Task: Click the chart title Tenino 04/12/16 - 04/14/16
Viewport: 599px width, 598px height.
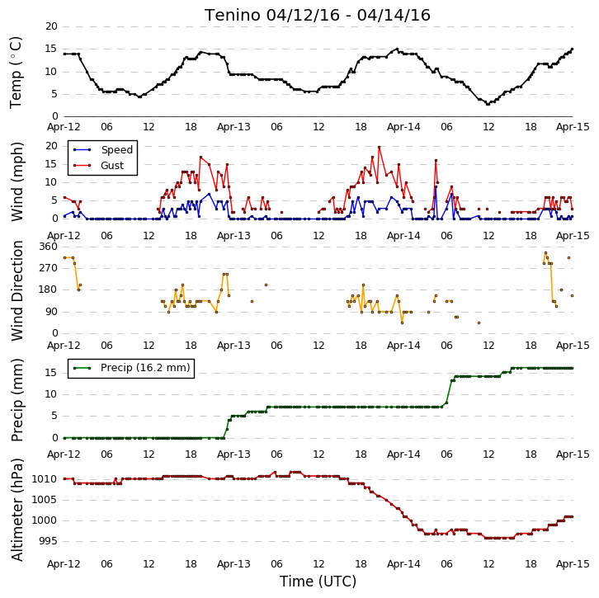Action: pyautogui.click(x=318, y=16)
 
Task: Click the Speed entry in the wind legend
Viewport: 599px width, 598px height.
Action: pyautogui.click(x=117, y=149)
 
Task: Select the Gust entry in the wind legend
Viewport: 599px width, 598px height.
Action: pyautogui.click(x=112, y=165)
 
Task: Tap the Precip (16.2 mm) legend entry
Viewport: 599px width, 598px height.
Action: pyautogui.click(x=145, y=368)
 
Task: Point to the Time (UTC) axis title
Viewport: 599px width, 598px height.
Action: pyautogui.click(x=318, y=582)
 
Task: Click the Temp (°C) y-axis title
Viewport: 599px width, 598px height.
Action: pyautogui.click(x=16, y=73)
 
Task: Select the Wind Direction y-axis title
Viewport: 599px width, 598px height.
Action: pyautogui.click(x=17, y=291)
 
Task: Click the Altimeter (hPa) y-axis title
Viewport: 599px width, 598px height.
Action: pyautogui.click(x=17, y=510)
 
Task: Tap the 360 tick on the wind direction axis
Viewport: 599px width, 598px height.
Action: pyautogui.click(x=48, y=247)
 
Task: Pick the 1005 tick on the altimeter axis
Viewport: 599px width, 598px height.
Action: pyautogui.click(x=45, y=500)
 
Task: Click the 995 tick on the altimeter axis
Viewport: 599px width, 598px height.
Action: pyautogui.click(x=48, y=541)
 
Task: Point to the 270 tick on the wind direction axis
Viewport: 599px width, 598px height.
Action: pyautogui.click(x=48, y=268)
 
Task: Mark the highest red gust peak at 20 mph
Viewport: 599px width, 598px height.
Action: pyautogui.click(x=379, y=147)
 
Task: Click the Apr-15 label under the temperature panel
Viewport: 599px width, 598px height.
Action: pyautogui.click(x=573, y=127)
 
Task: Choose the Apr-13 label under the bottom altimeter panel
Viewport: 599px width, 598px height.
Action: pyautogui.click(x=233, y=564)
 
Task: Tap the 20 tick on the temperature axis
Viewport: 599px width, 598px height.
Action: pyautogui.click(x=51, y=26)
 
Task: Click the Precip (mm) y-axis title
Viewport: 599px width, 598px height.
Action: pyautogui.click(x=17, y=400)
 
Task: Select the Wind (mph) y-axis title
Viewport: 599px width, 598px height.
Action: pyautogui.click(x=17, y=181)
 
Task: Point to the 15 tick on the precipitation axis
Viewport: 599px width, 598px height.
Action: pyautogui.click(x=51, y=373)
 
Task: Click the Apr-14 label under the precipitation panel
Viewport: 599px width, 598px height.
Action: pyautogui.click(x=403, y=454)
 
